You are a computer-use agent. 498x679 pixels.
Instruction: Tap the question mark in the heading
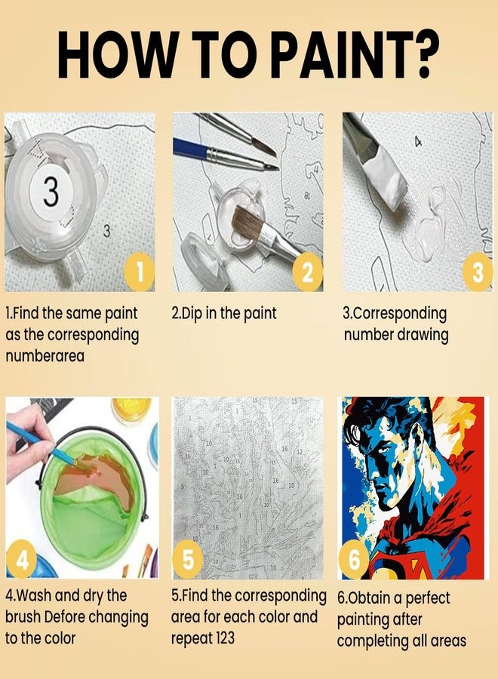coord(421,55)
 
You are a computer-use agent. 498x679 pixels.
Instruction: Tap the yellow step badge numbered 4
coord(21,561)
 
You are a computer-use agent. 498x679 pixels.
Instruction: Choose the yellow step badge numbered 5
coord(188,560)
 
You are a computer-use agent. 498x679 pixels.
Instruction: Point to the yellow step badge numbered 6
coord(354,560)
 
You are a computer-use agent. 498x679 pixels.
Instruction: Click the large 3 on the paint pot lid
coord(51,192)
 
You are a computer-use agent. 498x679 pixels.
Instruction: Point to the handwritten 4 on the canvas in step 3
coord(418,142)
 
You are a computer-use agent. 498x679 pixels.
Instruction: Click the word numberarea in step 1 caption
coord(45,356)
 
